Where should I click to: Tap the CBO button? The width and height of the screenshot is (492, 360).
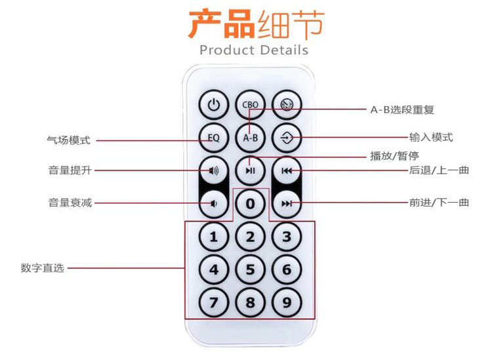(250, 104)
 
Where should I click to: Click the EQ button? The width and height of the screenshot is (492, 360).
(214, 138)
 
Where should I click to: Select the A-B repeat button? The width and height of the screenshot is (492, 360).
(250, 138)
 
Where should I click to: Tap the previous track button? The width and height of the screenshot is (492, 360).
(287, 170)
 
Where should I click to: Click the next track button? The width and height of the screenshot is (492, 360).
(287, 203)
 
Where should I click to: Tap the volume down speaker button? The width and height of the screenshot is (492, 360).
(214, 203)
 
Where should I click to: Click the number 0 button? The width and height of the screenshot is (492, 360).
(250, 203)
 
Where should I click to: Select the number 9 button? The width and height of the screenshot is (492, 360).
(287, 302)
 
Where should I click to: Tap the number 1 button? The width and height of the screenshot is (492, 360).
(214, 237)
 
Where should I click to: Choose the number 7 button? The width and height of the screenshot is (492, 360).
(214, 302)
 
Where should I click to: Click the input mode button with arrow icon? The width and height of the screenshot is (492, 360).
(287, 138)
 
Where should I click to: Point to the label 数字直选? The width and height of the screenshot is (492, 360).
(43, 268)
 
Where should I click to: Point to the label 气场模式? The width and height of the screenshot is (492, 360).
(68, 140)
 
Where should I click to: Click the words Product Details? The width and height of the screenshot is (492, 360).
(253, 50)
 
